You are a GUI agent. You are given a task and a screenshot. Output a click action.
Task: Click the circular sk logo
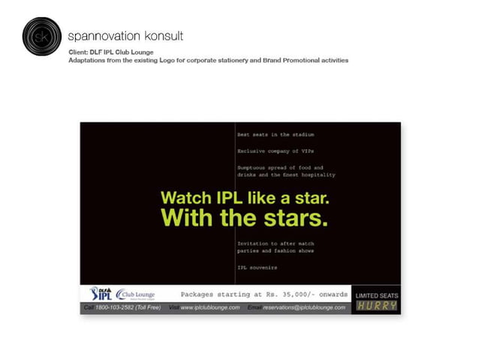41,36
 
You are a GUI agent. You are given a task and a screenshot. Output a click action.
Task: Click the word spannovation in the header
101,35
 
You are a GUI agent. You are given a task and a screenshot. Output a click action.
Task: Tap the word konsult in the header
161,35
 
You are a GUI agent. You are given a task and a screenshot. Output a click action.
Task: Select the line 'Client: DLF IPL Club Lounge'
110,52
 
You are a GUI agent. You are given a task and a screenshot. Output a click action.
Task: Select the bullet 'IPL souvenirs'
257,268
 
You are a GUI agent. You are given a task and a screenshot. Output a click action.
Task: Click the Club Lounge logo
136,294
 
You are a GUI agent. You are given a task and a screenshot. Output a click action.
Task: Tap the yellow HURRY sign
376,306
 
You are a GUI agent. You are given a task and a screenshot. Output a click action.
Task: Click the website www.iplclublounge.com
210,307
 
